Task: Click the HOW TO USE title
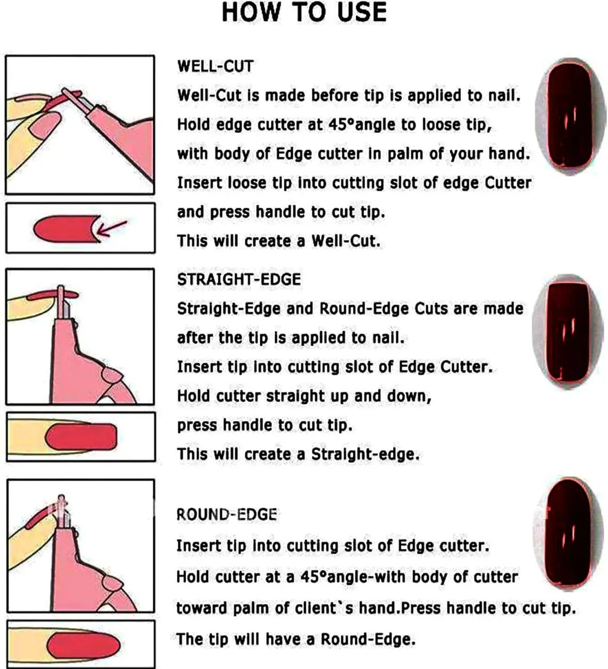(304, 12)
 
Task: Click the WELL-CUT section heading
(215, 66)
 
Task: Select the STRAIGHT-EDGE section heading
(239, 279)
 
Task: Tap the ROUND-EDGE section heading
(227, 514)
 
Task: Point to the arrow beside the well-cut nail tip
(111, 228)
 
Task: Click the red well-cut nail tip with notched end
(67, 228)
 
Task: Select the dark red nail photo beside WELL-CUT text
(570, 117)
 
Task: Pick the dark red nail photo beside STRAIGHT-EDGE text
(568, 331)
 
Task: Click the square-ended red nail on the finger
(81, 436)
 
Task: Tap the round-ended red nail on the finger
(83, 644)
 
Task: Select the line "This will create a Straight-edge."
(298, 455)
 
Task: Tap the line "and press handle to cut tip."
(281, 212)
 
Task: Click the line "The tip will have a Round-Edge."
(296, 639)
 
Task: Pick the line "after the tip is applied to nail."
(291, 338)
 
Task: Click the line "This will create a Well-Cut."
(279, 241)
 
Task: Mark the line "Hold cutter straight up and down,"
(305, 396)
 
